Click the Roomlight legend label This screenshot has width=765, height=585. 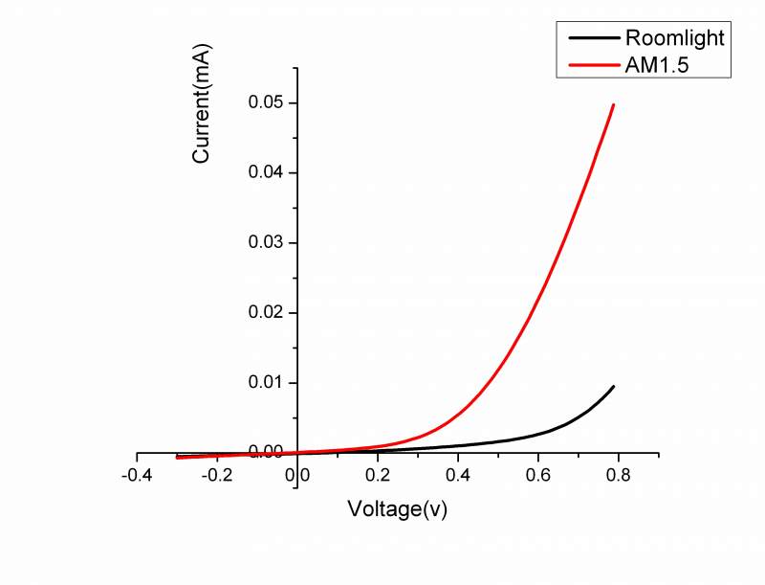click(675, 39)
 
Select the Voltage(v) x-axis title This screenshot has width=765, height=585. click(398, 508)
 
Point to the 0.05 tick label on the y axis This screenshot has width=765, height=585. click(266, 102)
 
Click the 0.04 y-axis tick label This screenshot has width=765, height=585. click(266, 172)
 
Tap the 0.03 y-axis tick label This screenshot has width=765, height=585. click(266, 242)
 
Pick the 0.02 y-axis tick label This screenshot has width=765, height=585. click(266, 312)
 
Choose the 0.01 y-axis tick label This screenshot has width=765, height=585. click(266, 382)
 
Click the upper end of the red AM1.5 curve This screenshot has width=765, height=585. click(613, 104)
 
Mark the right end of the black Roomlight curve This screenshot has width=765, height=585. click(613, 386)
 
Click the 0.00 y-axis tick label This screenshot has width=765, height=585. click(266, 451)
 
